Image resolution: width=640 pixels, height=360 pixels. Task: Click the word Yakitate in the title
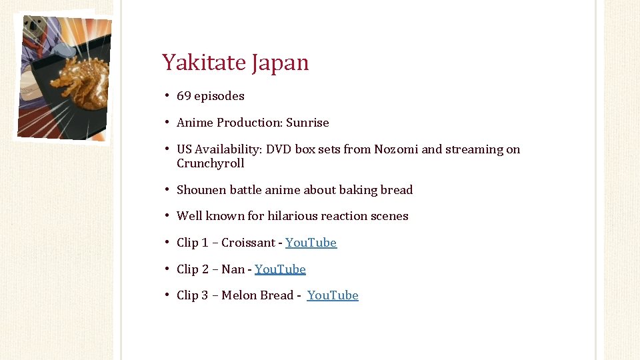tap(204, 63)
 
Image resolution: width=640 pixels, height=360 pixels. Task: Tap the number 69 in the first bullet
tap(183, 96)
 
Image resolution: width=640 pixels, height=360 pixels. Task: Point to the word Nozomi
tap(396, 149)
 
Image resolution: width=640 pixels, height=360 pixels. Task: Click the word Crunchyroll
tap(210, 163)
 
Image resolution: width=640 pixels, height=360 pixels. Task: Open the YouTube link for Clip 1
tap(311, 243)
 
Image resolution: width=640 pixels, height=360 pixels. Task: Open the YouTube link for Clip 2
tap(280, 269)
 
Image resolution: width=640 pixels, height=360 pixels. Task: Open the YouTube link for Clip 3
tap(333, 295)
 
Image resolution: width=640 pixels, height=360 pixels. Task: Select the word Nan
tap(233, 269)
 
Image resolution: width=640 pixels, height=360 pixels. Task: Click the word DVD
tap(279, 149)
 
